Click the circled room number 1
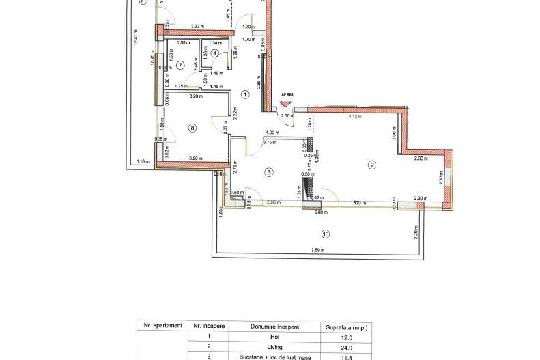[x=246, y=95]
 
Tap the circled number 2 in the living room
[x=372, y=164]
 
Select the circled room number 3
[x=269, y=173]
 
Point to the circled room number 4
[x=215, y=53]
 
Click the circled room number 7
[x=180, y=66]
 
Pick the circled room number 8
[x=193, y=128]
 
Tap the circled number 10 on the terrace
[x=325, y=234]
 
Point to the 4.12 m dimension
[x=355, y=117]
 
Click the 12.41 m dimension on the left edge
[x=137, y=38]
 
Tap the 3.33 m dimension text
[x=199, y=27]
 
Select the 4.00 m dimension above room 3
[x=272, y=133]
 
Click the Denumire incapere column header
[x=274, y=327]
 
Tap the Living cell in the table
[x=274, y=346]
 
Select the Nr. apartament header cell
[x=161, y=326]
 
